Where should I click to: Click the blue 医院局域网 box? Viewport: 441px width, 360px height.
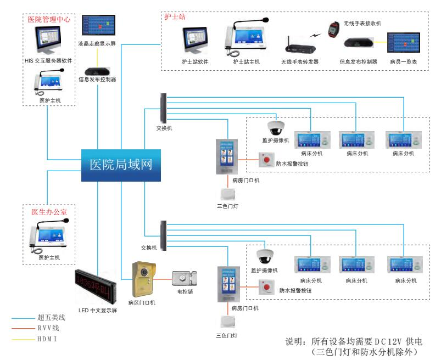click(x=121, y=165)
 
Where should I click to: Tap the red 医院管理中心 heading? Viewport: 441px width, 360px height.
click(x=49, y=19)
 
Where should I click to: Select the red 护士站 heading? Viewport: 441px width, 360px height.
click(x=175, y=16)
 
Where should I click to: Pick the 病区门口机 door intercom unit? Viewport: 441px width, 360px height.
click(x=144, y=278)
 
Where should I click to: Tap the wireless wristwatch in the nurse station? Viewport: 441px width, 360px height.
click(x=332, y=29)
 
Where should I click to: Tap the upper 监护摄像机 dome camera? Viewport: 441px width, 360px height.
click(x=275, y=127)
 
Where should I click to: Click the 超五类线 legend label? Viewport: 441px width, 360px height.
click(x=52, y=317)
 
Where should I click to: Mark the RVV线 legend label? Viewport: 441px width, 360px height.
click(x=48, y=328)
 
